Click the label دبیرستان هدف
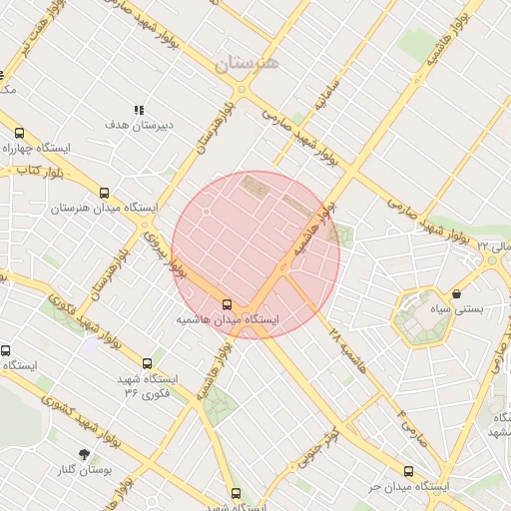(x=140, y=125)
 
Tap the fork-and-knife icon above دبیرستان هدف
(x=139, y=110)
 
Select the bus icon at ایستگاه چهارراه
(x=19, y=133)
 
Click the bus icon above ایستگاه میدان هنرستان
(x=104, y=194)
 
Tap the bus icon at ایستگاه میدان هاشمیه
(x=227, y=303)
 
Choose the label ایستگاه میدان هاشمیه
(x=228, y=320)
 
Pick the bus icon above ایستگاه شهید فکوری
(x=148, y=363)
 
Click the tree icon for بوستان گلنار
(x=84, y=454)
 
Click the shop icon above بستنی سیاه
(x=456, y=294)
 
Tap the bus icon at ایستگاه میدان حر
(x=407, y=471)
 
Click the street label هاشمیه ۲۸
(x=349, y=349)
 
